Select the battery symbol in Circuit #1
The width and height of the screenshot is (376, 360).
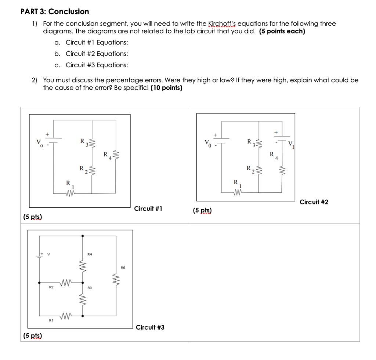(x=54, y=142)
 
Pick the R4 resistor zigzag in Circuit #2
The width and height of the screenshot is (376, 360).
(x=282, y=170)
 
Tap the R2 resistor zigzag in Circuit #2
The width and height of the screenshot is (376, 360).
(x=260, y=170)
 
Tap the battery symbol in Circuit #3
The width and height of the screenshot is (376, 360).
(x=38, y=254)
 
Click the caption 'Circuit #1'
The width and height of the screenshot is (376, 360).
(x=148, y=209)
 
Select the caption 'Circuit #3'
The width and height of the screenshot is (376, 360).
(x=150, y=327)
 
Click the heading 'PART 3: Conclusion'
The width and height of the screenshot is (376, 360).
(x=55, y=11)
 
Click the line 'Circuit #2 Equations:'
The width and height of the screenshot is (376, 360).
(x=97, y=54)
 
